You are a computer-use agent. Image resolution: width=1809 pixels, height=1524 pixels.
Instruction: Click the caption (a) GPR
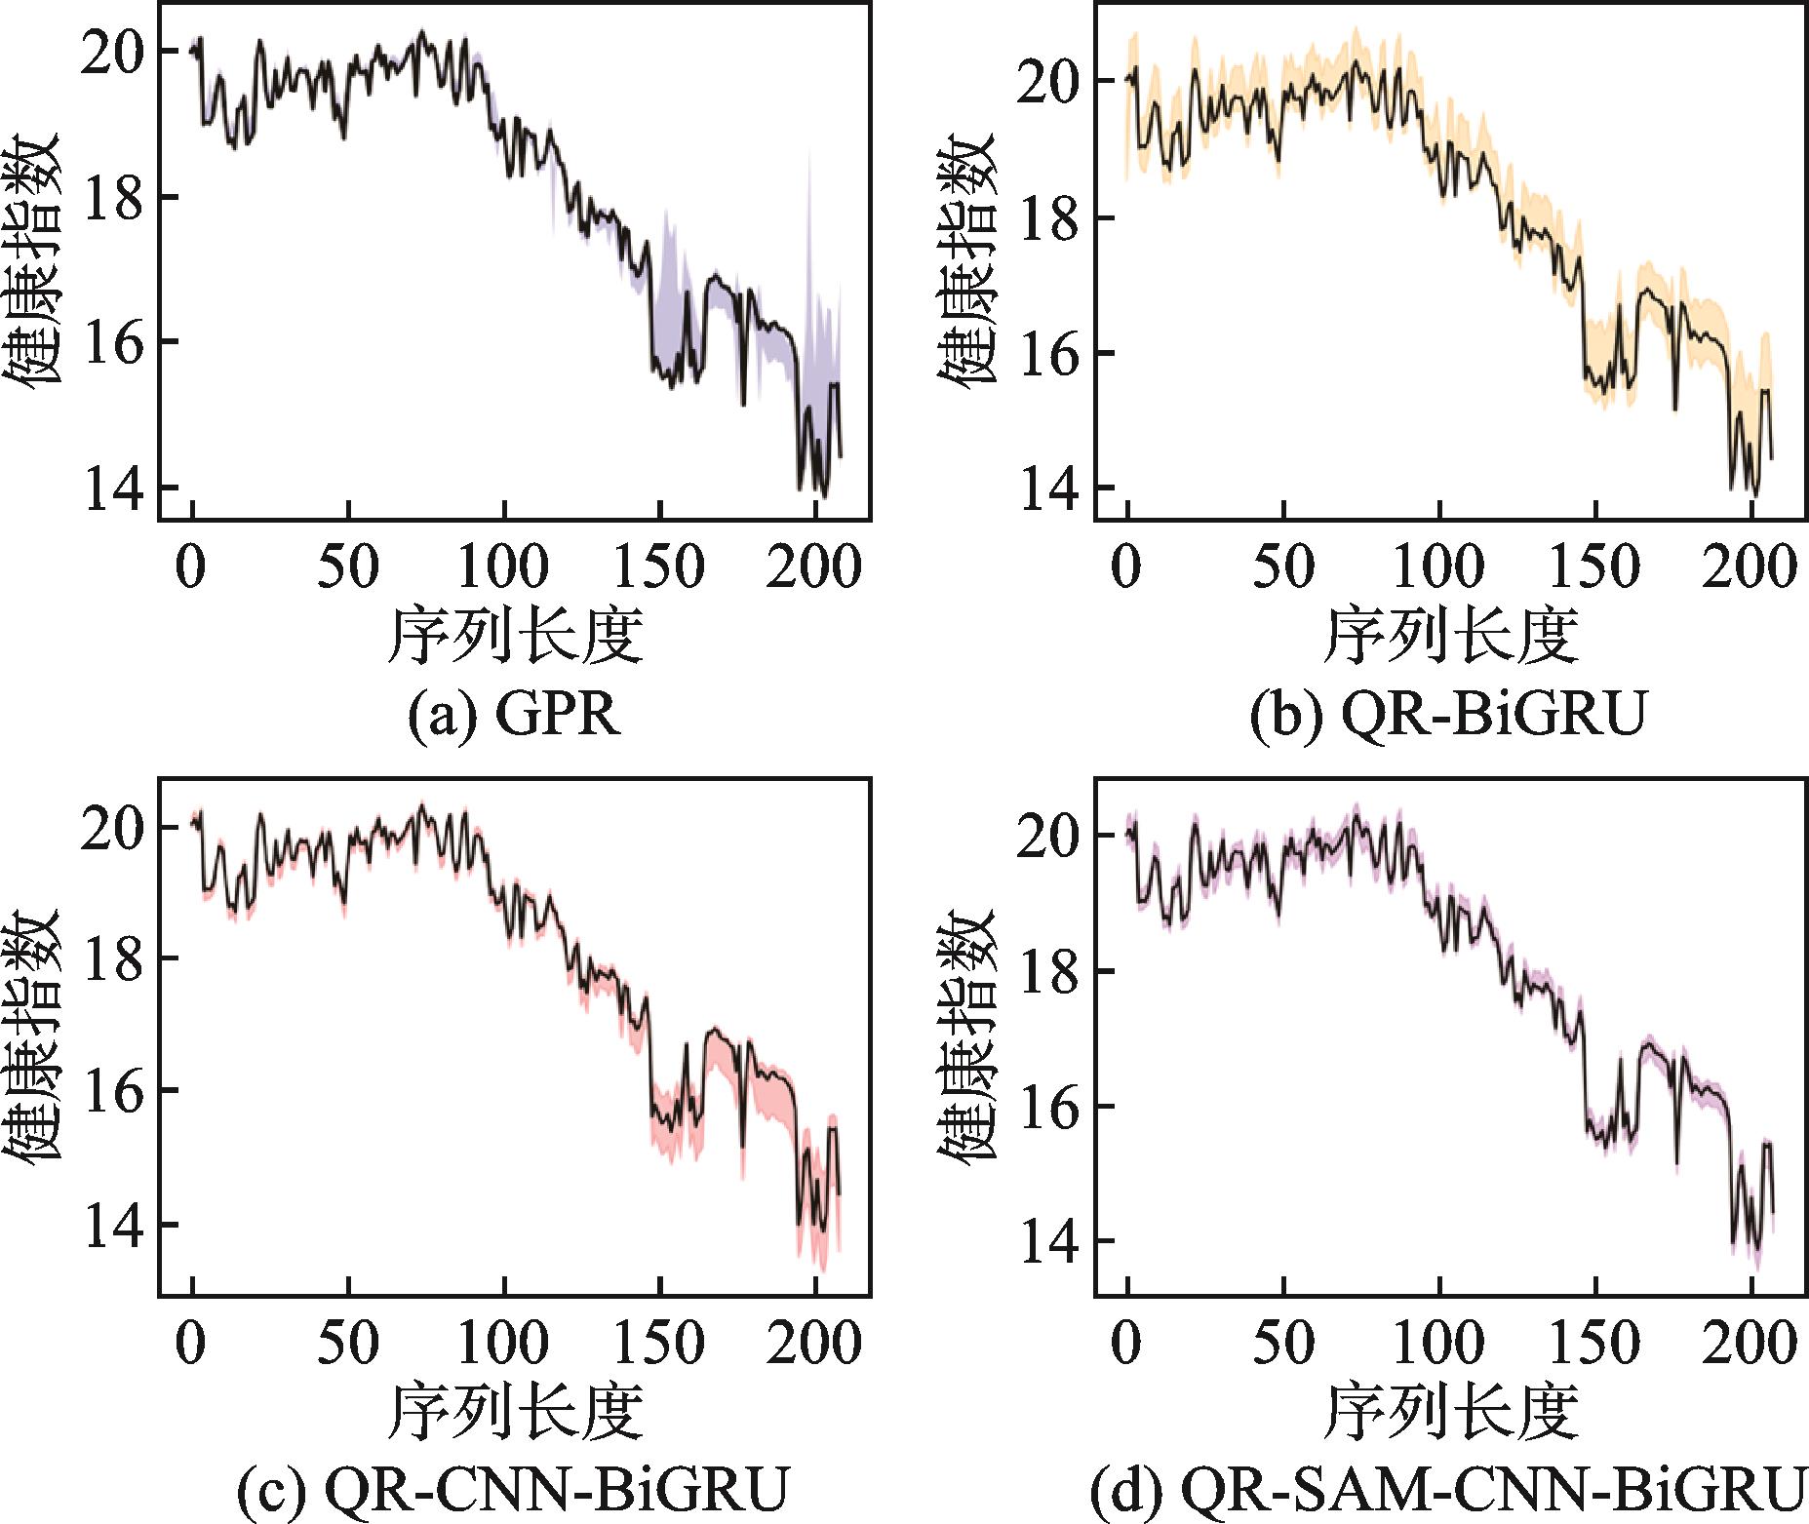(515, 717)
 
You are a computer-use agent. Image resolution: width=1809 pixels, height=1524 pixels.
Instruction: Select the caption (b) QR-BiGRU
(1448, 717)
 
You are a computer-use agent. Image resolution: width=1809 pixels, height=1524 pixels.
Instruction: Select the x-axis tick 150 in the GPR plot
(660, 567)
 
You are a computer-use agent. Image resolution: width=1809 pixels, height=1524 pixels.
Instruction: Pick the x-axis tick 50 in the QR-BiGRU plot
(1283, 567)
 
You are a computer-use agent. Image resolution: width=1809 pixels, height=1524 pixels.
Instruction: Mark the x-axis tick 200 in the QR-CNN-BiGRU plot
(814, 1344)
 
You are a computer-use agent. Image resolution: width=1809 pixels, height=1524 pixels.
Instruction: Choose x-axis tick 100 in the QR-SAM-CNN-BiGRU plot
(1439, 1344)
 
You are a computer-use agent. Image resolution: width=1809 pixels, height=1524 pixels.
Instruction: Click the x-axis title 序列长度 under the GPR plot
(515, 636)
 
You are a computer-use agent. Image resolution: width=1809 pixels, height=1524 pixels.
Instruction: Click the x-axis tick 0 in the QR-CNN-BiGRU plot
(192, 1344)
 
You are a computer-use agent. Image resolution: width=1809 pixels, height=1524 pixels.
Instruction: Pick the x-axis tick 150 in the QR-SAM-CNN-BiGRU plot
(1594, 1344)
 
